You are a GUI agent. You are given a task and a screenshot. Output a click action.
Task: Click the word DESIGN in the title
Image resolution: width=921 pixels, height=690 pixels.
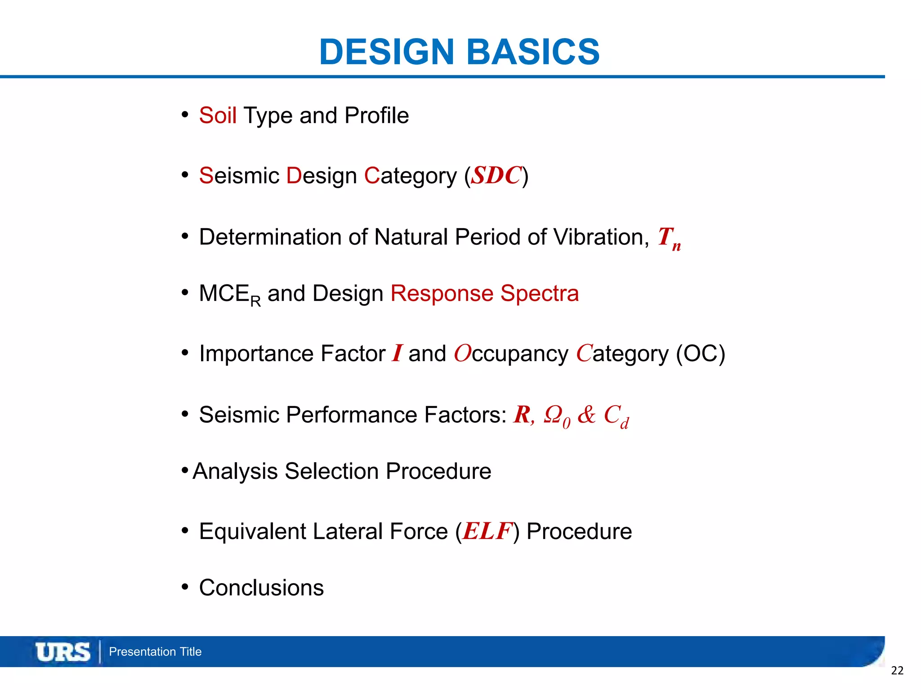(x=387, y=52)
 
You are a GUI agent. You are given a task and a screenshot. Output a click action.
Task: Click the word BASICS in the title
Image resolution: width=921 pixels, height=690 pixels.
(x=533, y=52)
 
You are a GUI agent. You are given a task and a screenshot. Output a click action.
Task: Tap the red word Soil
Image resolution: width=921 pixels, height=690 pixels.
(x=218, y=115)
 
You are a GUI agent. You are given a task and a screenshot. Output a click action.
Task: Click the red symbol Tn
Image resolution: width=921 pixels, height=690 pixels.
(x=669, y=238)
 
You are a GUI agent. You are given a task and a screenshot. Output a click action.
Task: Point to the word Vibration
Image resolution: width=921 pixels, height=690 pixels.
(x=600, y=237)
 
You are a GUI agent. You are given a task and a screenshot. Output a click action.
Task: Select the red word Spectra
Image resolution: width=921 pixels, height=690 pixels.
(x=539, y=293)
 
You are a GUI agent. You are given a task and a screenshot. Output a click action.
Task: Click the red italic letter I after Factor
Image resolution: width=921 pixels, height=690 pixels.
(x=397, y=353)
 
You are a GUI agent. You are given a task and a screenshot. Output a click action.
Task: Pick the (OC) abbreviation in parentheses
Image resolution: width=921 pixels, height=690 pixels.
(x=700, y=354)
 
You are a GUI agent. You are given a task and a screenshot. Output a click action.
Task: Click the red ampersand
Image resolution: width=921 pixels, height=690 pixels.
(x=586, y=414)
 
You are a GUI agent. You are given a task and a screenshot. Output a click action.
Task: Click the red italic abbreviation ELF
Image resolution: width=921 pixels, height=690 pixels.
(x=487, y=531)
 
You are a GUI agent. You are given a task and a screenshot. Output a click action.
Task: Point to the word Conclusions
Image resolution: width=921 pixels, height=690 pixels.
(x=261, y=588)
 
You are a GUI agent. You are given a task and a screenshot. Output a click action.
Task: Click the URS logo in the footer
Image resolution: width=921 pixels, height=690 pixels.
(x=63, y=652)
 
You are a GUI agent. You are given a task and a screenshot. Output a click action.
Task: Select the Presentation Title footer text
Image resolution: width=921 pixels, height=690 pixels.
(x=155, y=652)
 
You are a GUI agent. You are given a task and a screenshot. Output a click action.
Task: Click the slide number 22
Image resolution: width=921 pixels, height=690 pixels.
(x=897, y=671)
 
